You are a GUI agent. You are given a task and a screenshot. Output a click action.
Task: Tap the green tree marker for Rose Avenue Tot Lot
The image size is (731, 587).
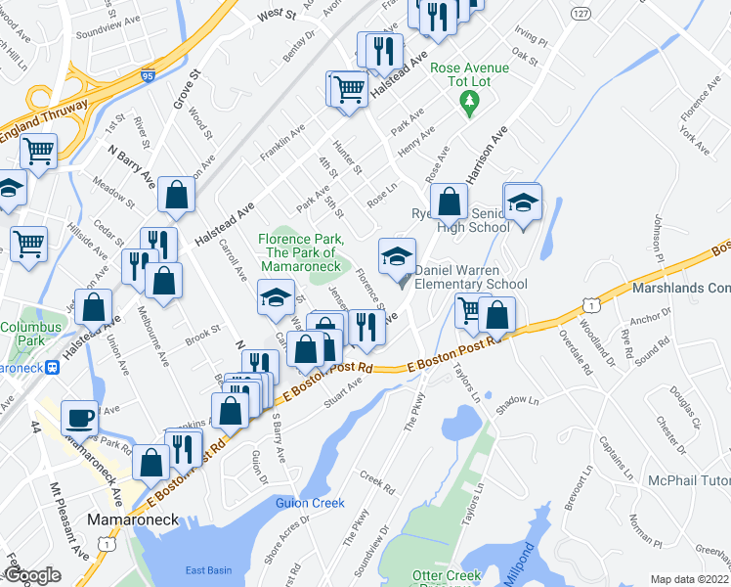pos(469,102)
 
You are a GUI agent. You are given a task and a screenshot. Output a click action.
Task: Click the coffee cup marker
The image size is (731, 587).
pos(79,418)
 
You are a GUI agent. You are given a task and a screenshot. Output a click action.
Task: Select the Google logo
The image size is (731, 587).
pos(32,575)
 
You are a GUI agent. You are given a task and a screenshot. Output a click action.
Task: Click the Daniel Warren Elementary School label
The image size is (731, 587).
pos(471,277)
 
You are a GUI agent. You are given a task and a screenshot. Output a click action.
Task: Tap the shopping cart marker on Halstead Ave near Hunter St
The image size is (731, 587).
pos(347,89)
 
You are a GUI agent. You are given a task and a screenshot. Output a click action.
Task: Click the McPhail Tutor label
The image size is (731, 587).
pos(689,481)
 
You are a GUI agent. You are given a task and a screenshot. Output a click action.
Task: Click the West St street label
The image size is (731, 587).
pos(278,16)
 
